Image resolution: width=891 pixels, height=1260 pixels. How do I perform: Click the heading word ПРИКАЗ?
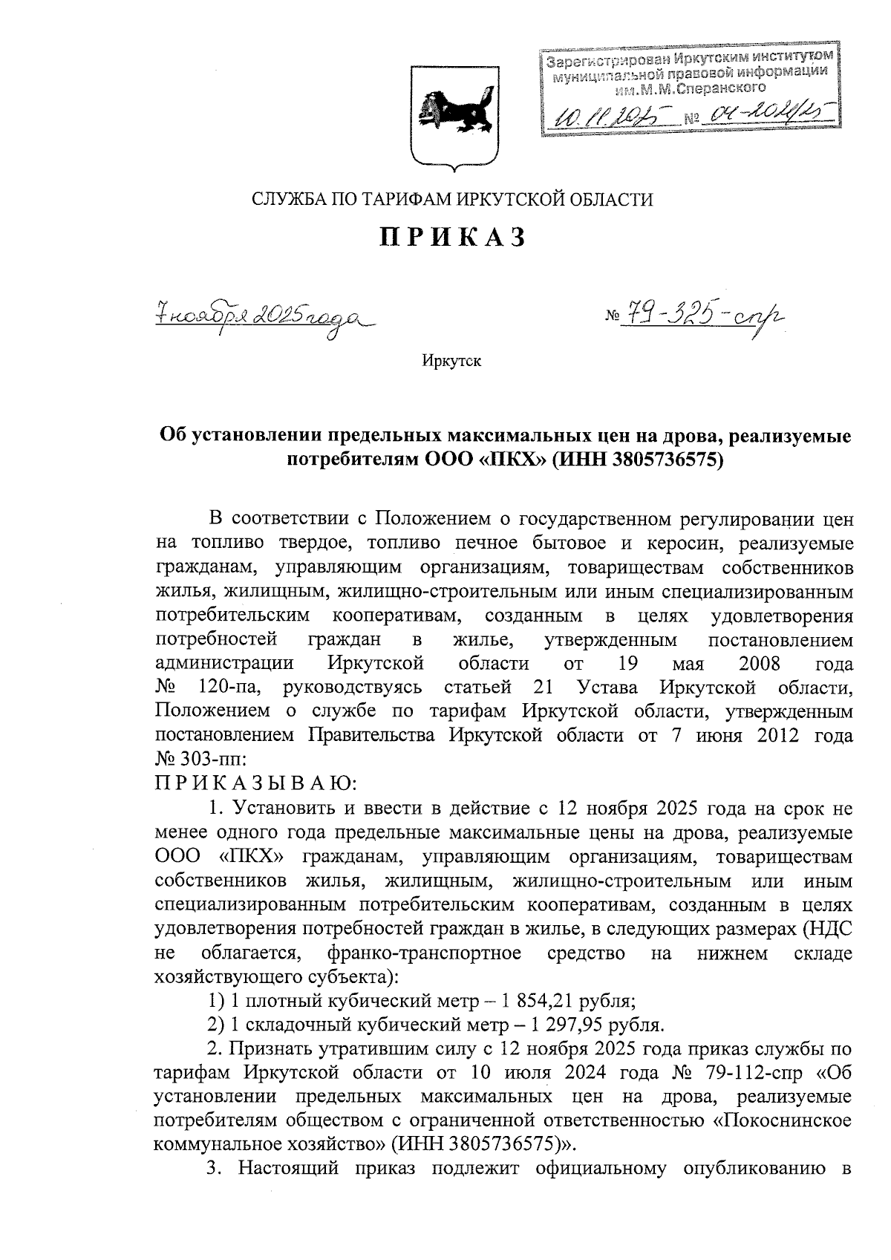tap(452, 238)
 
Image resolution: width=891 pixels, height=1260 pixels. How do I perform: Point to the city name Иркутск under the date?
tap(451, 362)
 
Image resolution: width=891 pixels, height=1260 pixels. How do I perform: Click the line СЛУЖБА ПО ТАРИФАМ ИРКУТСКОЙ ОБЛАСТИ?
tap(452, 199)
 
